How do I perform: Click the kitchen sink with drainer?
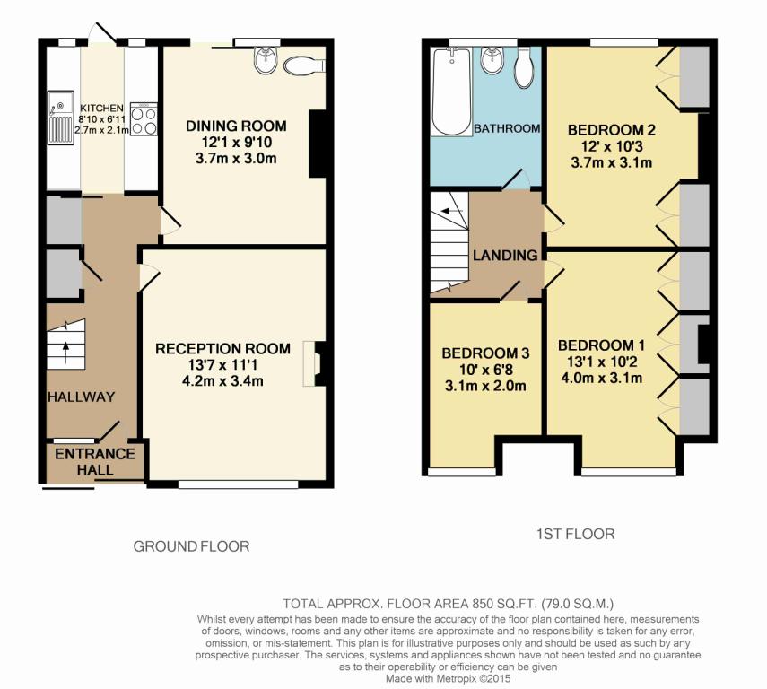click(x=61, y=118)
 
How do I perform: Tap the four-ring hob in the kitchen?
click(x=144, y=119)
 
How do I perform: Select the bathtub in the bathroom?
click(x=451, y=92)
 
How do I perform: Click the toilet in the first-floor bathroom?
click(x=524, y=68)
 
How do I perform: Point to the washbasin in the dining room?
click(x=266, y=61)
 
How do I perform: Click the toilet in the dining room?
click(x=304, y=65)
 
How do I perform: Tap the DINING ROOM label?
click(x=236, y=126)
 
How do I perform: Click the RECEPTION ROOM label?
click(x=222, y=349)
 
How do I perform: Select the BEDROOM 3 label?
click(x=485, y=353)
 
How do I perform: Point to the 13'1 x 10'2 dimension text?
click(x=601, y=362)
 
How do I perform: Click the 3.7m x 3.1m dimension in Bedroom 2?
click(x=612, y=162)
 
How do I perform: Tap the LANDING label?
click(x=505, y=256)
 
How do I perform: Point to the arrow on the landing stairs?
click(x=452, y=211)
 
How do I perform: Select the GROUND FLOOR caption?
click(x=191, y=546)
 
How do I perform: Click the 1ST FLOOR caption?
click(x=575, y=534)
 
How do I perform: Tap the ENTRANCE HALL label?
click(x=95, y=462)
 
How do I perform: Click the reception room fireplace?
click(x=314, y=363)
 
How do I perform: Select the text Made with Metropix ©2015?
click(x=448, y=679)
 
